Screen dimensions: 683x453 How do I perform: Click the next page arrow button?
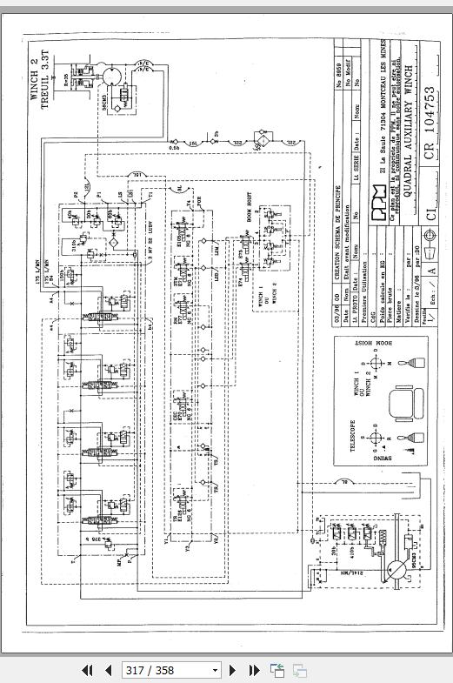coord(233,670)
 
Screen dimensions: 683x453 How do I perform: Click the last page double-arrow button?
coord(254,670)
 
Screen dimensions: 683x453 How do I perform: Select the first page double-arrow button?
coord(87,670)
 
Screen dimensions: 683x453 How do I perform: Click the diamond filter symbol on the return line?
coord(261,140)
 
